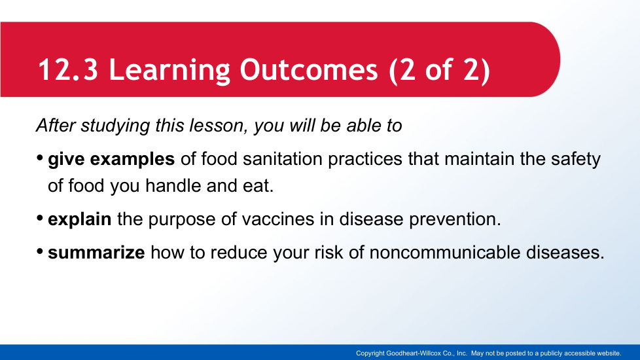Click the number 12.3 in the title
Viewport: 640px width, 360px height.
68,69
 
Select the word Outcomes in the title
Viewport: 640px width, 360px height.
309,69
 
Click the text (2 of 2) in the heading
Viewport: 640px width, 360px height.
440,71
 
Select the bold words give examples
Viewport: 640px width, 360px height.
111,160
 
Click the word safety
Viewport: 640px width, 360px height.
575,160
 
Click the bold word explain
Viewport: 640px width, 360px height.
80,220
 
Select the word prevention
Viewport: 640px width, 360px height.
455,219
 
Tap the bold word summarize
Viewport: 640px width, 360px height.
96,253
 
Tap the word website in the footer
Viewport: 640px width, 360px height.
608,353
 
